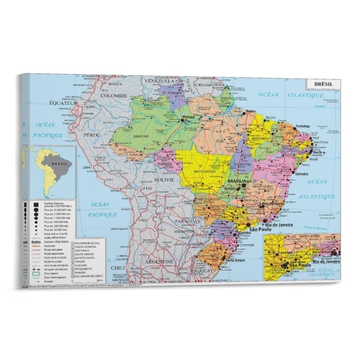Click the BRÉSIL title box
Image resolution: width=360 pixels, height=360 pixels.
323,84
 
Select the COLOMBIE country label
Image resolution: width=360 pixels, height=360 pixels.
114,96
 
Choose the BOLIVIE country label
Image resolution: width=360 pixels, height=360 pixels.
164,179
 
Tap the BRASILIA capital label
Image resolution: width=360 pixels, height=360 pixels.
239,179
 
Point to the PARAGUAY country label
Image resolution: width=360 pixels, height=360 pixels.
187,221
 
